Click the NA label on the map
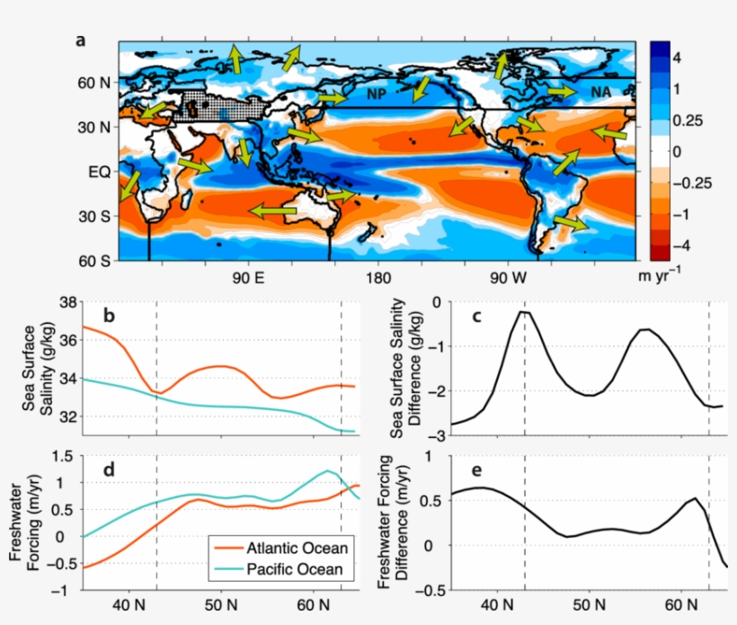[600, 92]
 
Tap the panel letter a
[81, 40]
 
